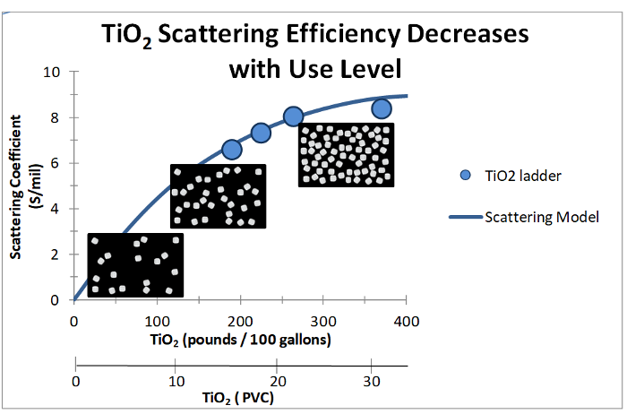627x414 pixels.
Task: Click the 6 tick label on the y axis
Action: click(x=56, y=163)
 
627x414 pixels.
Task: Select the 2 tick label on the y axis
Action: click(x=56, y=254)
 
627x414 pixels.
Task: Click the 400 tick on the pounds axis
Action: click(x=407, y=320)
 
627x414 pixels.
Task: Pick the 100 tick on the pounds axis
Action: click(x=157, y=320)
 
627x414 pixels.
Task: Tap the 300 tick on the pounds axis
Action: click(x=323, y=320)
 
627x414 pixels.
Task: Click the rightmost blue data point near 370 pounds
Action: click(x=382, y=109)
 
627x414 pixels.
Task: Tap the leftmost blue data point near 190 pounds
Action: click(x=231, y=150)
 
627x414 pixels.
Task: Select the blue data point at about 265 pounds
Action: click(x=294, y=116)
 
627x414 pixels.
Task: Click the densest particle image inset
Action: click(x=346, y=155)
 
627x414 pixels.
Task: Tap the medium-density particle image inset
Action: click(x=219, y=195)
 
